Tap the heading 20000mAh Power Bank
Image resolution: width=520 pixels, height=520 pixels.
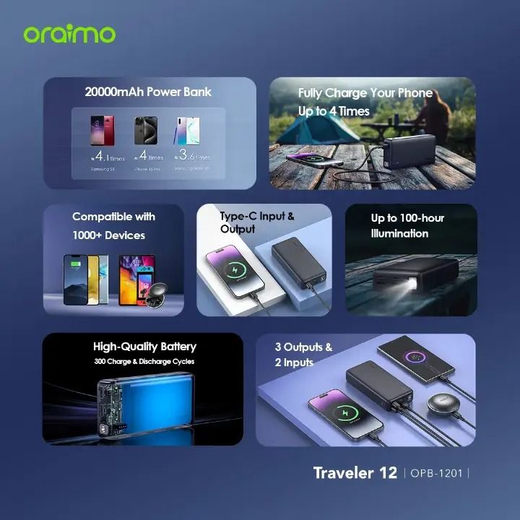(x=148, y=92)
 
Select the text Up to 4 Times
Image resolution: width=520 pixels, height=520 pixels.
(x=334, y=111)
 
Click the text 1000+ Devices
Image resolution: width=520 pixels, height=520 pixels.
(x=108, y=235)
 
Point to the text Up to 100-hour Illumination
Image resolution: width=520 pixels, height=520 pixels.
(x=407, y=225)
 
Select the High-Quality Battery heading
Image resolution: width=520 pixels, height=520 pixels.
(x=144, y=347)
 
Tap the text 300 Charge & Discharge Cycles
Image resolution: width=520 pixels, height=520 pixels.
(x=144, y=361)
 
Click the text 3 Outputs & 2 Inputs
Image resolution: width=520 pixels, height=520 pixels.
(x=303, y=355)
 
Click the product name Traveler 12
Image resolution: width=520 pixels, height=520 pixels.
(x=355, y=473)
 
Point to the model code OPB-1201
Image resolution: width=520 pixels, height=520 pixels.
(x=438, y=474)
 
